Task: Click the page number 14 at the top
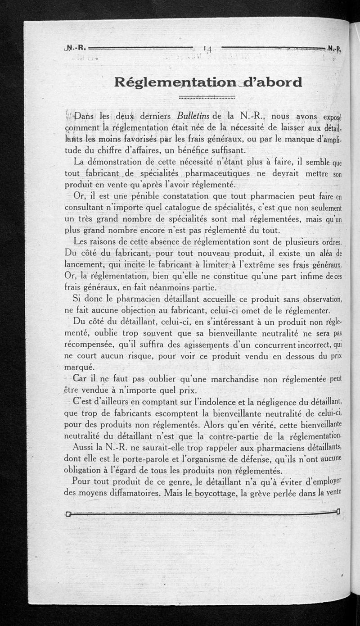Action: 207,47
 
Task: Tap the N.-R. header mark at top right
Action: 334,48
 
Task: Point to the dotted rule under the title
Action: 207,96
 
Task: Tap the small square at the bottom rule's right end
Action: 337,511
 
